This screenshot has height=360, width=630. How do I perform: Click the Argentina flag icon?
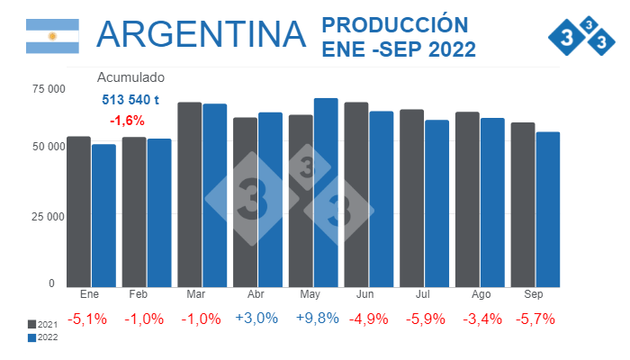point(52,35)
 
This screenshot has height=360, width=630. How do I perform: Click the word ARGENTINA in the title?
point(200,34)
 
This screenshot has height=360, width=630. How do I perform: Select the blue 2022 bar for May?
point(326,193)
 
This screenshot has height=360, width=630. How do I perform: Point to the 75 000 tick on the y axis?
point(49,88)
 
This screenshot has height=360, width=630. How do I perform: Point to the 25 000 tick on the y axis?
point(49,216)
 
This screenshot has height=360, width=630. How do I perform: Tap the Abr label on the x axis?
point(256,295)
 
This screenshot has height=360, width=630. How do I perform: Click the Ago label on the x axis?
point(480,295)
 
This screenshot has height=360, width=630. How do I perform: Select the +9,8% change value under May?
point(313,319)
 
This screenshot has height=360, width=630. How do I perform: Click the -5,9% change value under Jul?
point(424,319)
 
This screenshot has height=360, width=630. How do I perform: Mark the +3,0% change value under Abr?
point(257,319)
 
